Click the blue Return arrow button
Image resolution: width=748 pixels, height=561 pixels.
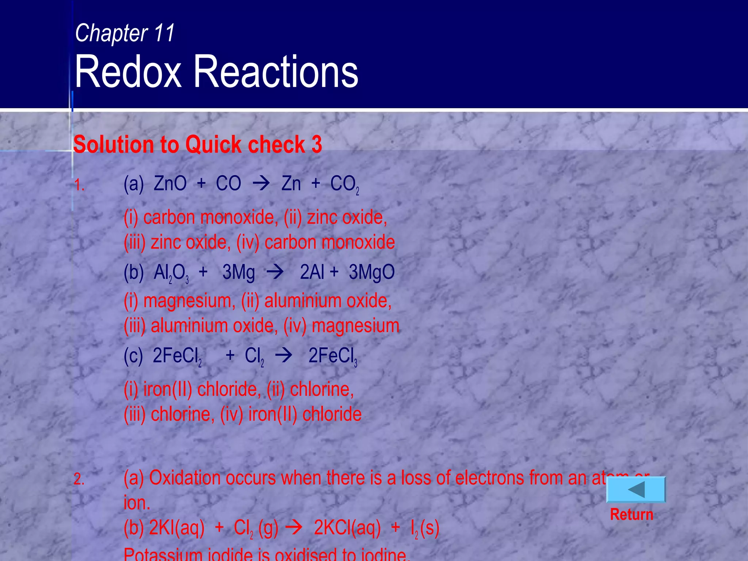point(636,489)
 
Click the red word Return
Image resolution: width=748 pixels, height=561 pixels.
point(631,514)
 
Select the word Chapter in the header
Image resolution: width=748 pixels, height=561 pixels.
point(111,33)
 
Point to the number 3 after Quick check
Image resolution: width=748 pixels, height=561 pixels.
point(317,144)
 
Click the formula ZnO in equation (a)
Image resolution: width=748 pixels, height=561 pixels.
point(170,183)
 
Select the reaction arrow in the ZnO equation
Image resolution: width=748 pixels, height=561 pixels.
point(261,183)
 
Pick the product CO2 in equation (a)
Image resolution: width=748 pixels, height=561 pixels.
point(344,184)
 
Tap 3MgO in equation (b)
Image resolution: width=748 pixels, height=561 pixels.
point(371,272)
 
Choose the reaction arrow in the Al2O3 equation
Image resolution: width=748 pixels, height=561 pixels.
point(275,272)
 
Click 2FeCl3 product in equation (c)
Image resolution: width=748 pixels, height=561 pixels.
point(332,356)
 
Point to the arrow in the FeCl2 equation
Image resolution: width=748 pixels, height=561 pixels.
point(284,355)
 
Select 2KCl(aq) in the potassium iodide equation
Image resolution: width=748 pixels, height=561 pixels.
point(347,528)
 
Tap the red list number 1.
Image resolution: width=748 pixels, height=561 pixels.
point(79,185)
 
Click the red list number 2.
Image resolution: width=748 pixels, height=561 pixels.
point(79,479)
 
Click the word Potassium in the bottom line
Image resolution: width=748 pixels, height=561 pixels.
point(163,554)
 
